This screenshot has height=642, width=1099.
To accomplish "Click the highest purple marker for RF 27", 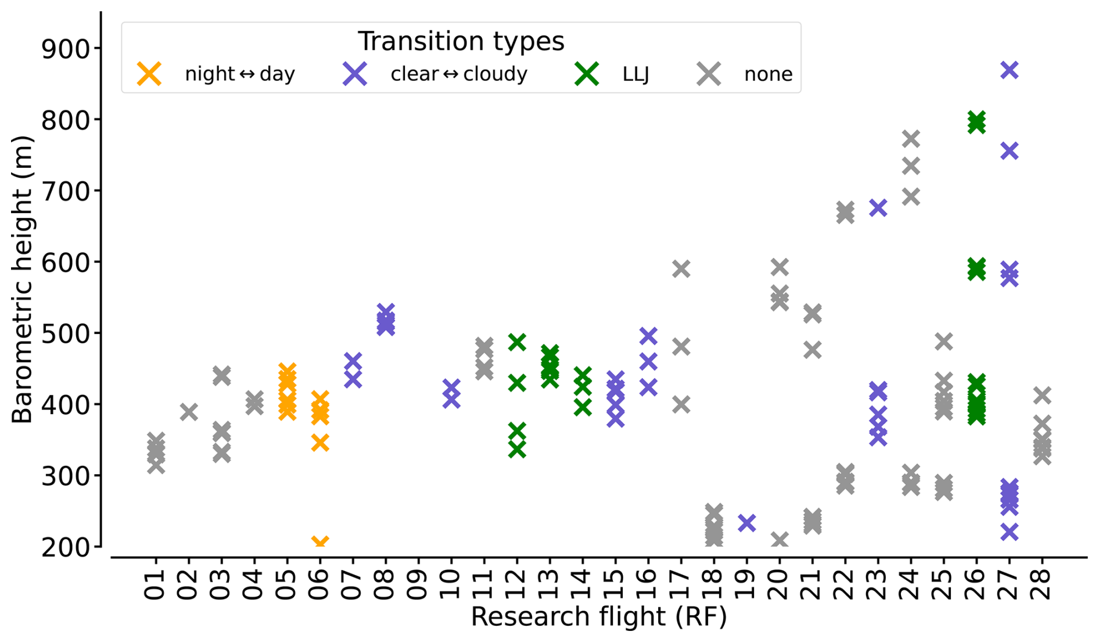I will [1010, 70].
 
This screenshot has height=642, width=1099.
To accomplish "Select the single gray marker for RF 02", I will [188, 412].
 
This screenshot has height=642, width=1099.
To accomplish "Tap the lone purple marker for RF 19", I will [746, 523].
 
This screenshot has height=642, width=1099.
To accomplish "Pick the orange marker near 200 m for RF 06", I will [320, 543].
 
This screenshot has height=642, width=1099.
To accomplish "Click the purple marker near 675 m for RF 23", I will [878, 207].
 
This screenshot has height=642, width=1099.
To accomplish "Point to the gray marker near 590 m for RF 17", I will [681, 269].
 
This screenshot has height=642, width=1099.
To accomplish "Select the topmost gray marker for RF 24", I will [911, 139].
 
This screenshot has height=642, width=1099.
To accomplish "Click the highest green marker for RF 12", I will [516, 342].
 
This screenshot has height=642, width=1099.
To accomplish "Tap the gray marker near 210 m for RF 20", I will [779, 540].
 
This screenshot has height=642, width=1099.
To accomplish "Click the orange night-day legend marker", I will [149, 74].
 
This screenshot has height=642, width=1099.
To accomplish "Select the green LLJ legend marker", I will [587, 74].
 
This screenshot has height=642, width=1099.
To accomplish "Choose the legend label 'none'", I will [768, 74].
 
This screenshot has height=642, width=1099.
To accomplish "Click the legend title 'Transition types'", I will [461, 42].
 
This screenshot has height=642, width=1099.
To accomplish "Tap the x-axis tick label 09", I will [418, 584].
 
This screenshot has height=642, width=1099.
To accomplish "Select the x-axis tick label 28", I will [1043, 584].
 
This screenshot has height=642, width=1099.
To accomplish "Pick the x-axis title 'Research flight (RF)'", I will [598, 617].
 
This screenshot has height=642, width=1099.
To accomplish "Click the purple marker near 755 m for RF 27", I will [1010, 151].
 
